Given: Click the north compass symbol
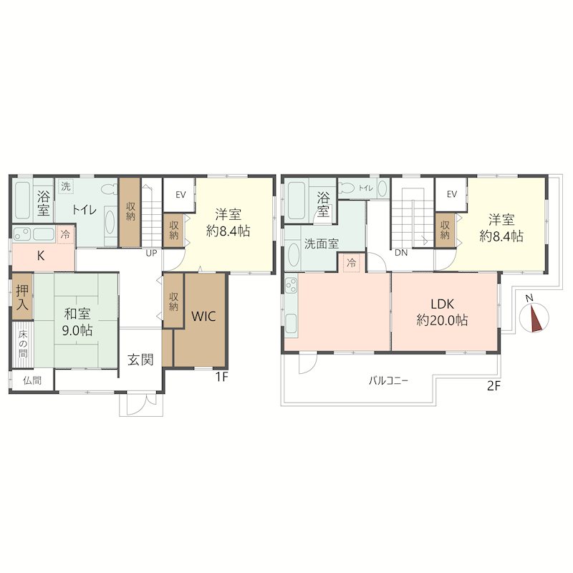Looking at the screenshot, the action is coord(534,317).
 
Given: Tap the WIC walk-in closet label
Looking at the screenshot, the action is coord(203,316).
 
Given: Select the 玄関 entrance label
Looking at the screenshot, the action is coord(140,360).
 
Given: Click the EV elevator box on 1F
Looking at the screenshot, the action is coord(178,194).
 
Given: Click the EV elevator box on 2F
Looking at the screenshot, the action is coord(451,194).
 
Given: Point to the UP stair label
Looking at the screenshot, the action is coord(151,253).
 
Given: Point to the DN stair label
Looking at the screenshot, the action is coord(401,253).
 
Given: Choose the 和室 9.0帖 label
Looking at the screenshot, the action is coord(77,322).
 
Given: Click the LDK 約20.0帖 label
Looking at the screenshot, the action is coord(442,312).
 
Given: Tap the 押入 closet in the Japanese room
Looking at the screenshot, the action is coord(22,297).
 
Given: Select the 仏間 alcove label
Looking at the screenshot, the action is coord(32,380).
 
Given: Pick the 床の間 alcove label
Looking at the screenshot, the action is coord(23,345).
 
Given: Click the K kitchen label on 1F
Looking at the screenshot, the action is coord(41,256).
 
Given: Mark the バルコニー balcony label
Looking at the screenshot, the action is coord(388,381).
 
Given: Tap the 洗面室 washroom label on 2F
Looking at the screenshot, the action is coord(322,244).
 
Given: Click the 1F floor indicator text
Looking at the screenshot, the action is coord(221,377).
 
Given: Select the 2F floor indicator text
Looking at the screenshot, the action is coord(493,385).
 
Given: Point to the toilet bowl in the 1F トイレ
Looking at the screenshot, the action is coord(109,189).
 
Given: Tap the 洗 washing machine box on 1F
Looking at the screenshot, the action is coord(66,186).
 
